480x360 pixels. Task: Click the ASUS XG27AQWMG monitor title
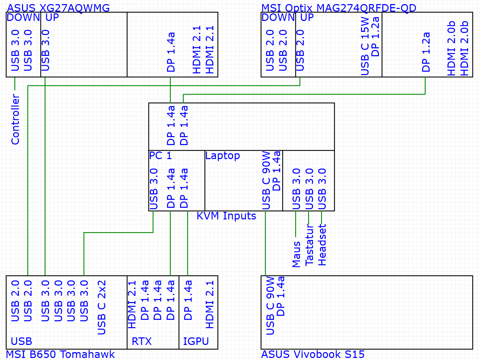pyautogui.click(x=58, y=8)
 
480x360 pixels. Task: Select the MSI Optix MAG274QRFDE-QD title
pyautogui.click(x=339, y=8)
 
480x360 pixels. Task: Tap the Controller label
pyautogui.click(x=15, y=119)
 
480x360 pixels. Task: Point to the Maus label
pyautogui.click(x=296, y=254)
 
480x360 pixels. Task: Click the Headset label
pyautogui.click(x=322, y=245)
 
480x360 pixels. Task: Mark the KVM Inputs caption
pyautogui.click(x=226, y=216)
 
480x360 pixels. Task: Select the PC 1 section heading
pyautogui.click(x=160, y=156)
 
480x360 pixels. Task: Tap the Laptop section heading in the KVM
pyautogui.click(x=223, y=156)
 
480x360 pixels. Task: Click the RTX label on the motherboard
pyautogui.click(x=142, y=341)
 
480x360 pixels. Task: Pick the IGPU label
pyautogui.click(x=196, y=341)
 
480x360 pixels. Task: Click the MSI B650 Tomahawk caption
pyautogui.click(x=60, y=354)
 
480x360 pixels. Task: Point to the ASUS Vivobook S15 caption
pyautogui.click(x=313, y=354)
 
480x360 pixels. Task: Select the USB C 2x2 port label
pyautogui.click(x=102, y=307)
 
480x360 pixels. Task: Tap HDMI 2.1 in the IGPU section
pyautogui.click(x=209, y=304)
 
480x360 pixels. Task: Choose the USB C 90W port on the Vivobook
pyautogui.click(x=271, y=305)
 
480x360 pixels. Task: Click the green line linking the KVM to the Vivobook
pyautogui.click(x=265, y=243)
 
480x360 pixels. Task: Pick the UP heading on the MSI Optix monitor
pyautogui.click(x=307, y=17)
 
